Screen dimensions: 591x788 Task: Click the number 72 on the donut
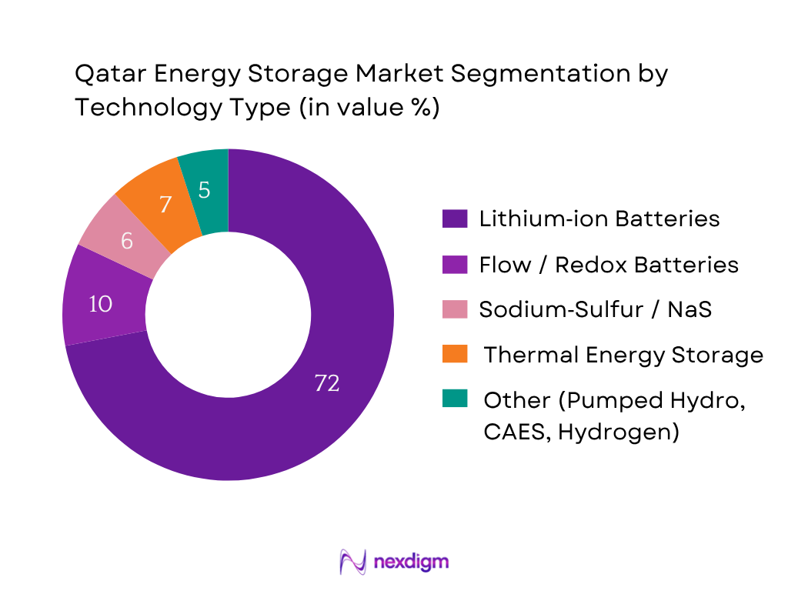point(327,382)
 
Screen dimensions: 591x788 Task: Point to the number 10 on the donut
point(101,304)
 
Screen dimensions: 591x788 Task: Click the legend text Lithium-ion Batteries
point(599,219)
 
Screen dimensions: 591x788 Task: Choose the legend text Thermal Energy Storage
point(623,355)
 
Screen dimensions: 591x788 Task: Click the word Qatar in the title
point(105,75)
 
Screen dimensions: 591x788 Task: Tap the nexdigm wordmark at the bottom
point(410,562)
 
